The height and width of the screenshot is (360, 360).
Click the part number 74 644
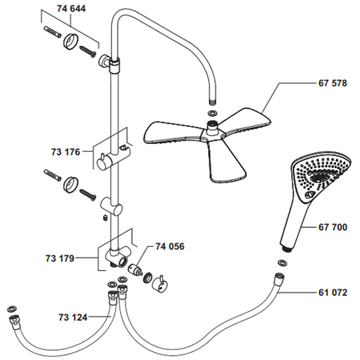pyautogui.click(x=71, y=10)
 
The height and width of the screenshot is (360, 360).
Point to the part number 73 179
pyautogui.click(x=59, y=259)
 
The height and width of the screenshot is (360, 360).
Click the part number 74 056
pyautogui.click(x=170, y=246)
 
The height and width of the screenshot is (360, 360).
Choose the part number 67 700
pyautogui.click(x=332, y=227)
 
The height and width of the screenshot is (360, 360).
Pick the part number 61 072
pyautogui.click(x=332, y=293)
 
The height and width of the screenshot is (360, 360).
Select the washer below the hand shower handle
pyautogui.click(x=283, y=262)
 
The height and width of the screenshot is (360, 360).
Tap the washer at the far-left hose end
pyautogui.click(x=10, y=308)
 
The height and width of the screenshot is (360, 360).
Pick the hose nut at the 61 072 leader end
pyautogui.click(x=277, y=279)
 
